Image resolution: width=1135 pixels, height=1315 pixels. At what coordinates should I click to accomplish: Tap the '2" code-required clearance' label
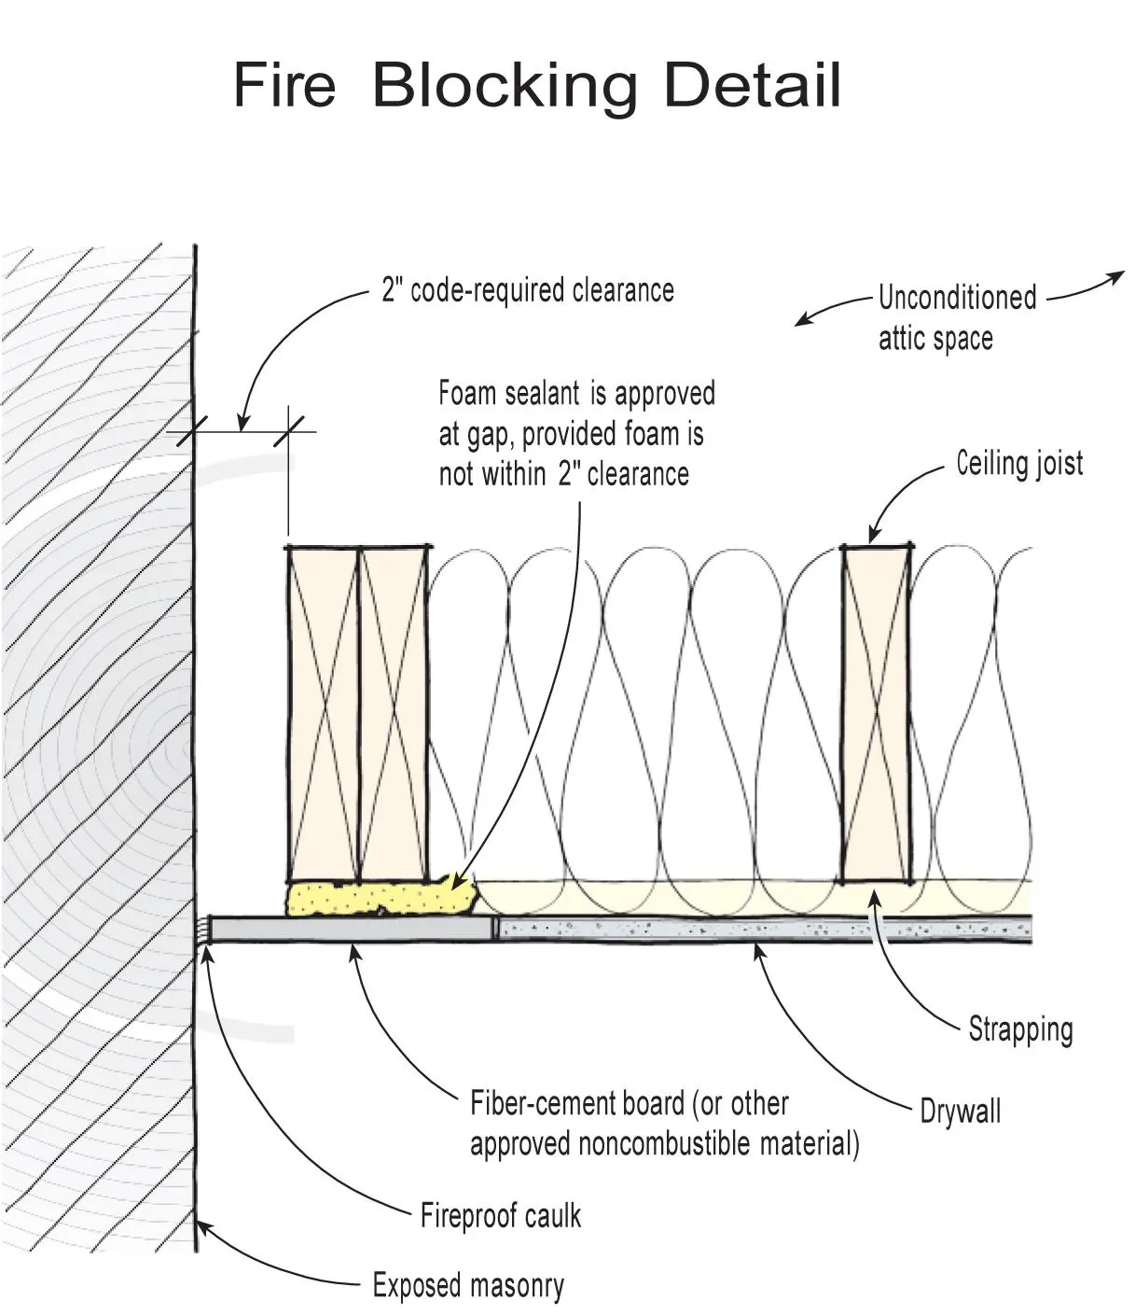pyautogui.click(x=528, y=290)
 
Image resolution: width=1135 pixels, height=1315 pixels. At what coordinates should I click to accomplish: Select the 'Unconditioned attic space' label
pyautogui.click(x=956, y=318)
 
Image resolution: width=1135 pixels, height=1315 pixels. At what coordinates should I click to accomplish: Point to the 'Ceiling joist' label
pyautogui.click(x=1019, y=463)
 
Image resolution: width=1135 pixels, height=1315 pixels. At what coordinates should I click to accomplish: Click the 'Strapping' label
pyautogui.click(x=1020, y=1029)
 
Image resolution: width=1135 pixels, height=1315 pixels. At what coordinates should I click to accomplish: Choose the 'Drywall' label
pyautogui.click(x=960, y=1112)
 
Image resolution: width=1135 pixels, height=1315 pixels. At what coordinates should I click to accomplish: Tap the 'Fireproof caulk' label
pyautogui.click(x=501, y=1216)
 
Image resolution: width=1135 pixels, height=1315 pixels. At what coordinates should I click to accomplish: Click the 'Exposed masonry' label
pyautogui.click(x=468, y=1286)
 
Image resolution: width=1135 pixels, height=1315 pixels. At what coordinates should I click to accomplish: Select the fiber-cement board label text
pyautogui.click(x=663, y=1124)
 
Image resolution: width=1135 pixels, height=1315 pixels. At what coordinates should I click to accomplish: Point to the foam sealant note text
pyautogui.click(x=575, y=434)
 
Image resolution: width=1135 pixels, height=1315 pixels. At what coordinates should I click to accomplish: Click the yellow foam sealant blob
pyautogui.click(x=378, y=899)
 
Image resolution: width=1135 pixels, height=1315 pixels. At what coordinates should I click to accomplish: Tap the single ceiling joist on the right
pyautogui.click(x=876, y=714)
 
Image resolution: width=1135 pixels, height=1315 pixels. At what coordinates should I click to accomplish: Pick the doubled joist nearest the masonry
pyautogui.click(x=358, y=714)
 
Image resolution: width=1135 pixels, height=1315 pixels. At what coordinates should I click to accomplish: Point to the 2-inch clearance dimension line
pyautogui.click(x=241, y=431)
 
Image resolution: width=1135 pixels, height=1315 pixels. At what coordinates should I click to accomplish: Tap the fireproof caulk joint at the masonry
pyautogui.click(x=202, y=930)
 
